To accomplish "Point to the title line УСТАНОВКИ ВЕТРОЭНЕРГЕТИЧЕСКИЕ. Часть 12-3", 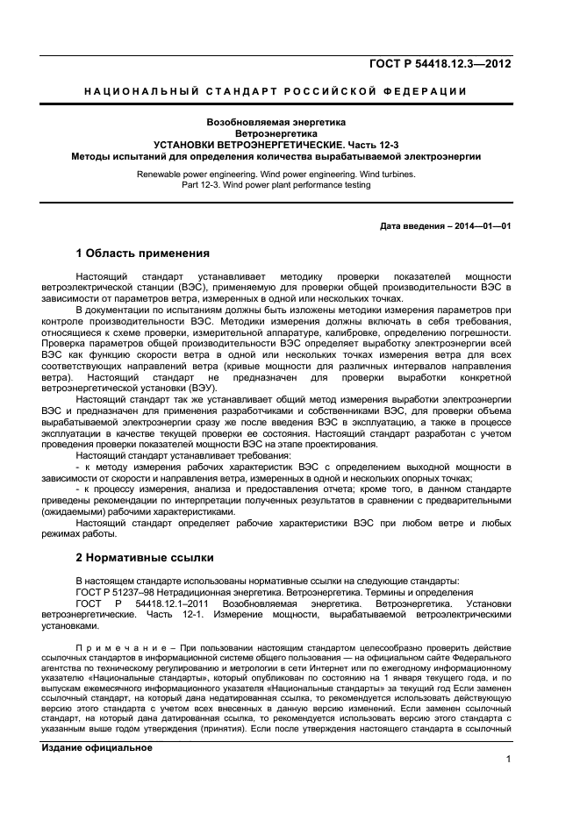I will click(276, 145).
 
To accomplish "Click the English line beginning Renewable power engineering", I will click(276, 174).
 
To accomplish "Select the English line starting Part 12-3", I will click(276, 185).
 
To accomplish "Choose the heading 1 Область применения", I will click(142, 254).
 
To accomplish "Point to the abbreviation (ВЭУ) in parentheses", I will click(204, 389).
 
